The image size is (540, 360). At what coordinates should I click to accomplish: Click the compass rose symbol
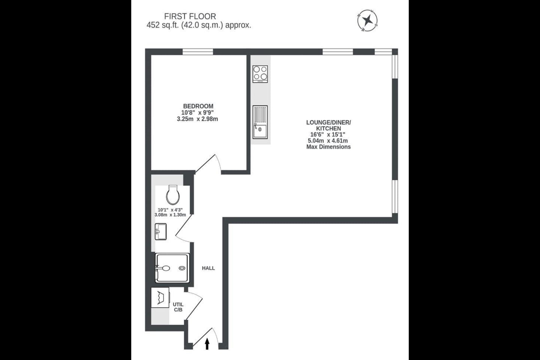point(367,21)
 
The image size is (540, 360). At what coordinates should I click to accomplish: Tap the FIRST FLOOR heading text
point(190,16)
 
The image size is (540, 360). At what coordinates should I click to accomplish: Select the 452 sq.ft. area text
point(199,25)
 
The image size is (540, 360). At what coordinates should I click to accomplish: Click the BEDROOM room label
point(198,106)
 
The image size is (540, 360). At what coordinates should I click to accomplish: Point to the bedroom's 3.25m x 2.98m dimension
point(197,119)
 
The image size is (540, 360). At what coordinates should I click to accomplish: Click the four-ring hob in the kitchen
point(260,74)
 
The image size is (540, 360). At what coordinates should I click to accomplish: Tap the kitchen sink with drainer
point(260,122)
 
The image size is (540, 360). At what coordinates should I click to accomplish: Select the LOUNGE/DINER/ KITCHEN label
point(328,125)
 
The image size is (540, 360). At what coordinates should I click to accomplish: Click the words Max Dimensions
point(328,147)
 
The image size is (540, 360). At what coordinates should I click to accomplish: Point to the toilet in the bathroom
point(172,194)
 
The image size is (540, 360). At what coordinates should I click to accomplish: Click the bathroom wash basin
point(160,231)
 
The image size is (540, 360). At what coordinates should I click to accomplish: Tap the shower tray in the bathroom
point(172,268)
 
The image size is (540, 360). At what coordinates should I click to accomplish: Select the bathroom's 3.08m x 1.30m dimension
point(170,215)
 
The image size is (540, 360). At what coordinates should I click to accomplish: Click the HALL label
point(208,268)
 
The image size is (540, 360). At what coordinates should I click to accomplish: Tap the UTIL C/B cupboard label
point(178,307)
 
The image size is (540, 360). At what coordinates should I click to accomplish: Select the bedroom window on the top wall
point(198,52)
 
